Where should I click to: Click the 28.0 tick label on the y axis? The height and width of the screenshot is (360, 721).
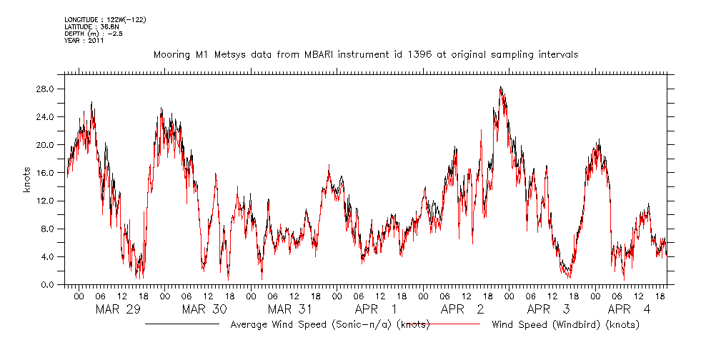(47, 89)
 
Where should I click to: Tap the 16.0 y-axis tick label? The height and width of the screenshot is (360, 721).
(47, 173)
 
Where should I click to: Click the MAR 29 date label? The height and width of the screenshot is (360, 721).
(117, 309)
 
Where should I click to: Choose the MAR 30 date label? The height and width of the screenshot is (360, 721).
(204, 309)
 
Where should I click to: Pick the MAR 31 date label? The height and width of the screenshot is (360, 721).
(289, 309)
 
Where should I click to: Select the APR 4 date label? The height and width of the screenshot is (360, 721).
(629, 309)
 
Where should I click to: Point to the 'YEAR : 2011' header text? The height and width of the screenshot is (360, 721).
(84, 41)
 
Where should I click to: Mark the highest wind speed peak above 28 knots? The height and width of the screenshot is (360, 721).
(501, 87)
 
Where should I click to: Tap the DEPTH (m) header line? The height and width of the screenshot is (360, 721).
(94, 34)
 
